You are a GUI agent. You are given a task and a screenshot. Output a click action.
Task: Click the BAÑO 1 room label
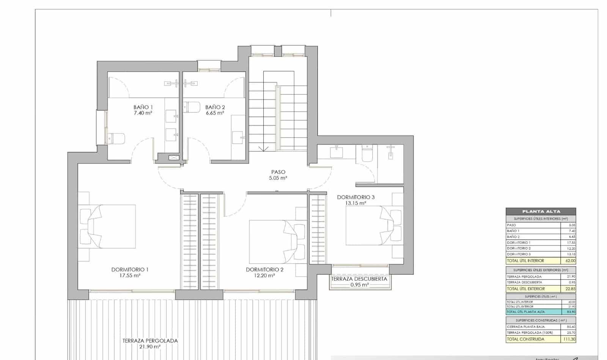143,107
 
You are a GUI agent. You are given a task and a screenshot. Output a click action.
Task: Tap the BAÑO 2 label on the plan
215,107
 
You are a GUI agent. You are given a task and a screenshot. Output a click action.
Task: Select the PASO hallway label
278,172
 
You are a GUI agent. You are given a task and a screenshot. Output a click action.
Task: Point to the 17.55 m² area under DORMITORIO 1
130,276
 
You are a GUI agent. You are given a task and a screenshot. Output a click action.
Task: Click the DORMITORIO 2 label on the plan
264,270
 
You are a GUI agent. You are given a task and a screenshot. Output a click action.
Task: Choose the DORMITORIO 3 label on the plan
355,197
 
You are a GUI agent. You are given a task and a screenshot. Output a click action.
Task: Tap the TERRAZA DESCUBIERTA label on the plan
359,279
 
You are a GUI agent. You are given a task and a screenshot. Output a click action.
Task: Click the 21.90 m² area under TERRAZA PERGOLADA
150,347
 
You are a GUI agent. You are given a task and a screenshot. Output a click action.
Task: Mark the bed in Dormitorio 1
107,226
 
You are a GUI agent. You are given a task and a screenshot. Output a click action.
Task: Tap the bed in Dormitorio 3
374,226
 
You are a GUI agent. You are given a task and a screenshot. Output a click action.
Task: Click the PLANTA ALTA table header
541,212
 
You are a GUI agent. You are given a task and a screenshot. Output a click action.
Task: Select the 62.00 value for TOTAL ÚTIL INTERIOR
570,261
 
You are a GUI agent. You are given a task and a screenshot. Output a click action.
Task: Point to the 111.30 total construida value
569,339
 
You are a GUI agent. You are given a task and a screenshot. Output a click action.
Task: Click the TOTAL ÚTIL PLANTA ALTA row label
525,312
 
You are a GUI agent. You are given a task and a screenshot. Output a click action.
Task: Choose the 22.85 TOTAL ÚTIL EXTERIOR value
570,289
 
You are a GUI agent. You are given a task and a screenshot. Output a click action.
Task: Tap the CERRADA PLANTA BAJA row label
525,327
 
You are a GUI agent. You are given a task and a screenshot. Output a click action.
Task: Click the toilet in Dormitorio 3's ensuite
367,154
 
